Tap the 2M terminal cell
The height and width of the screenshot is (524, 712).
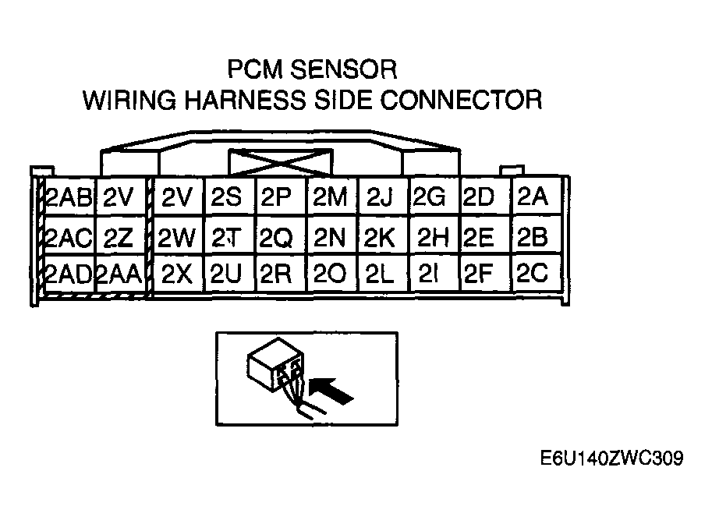pos(329,197)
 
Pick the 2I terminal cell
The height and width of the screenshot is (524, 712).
pos(430,273)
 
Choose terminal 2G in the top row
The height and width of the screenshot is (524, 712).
pos(430,197)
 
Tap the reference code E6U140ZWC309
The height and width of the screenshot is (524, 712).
pos(611,458)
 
